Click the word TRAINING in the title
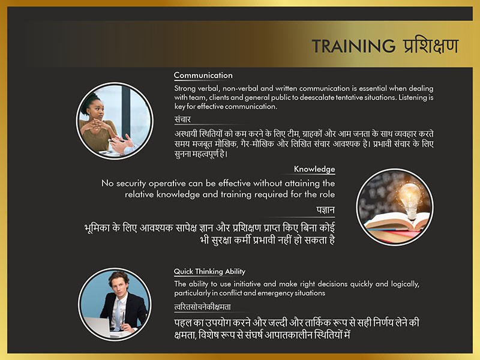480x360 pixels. pos(353,46)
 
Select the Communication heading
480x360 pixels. pos(203,76)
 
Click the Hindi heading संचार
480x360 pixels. pos(182,119)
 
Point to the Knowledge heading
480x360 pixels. pos(314,169)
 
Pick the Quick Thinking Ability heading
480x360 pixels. pos(209,272)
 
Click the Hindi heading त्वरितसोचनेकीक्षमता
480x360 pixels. pos(202,307)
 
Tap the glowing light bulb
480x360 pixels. pos(410,200)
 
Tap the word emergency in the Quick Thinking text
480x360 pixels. pos(274,293)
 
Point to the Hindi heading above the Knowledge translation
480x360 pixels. pos(325,210)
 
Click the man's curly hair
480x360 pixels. pos(119,277)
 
